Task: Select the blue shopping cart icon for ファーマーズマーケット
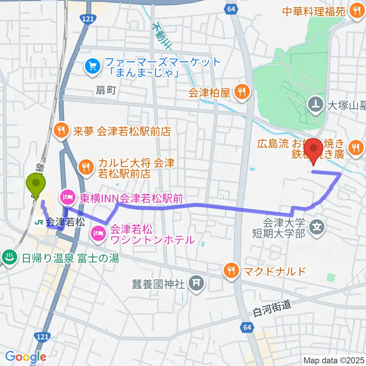click(92, 66)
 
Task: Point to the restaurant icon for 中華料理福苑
click(357, 11)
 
